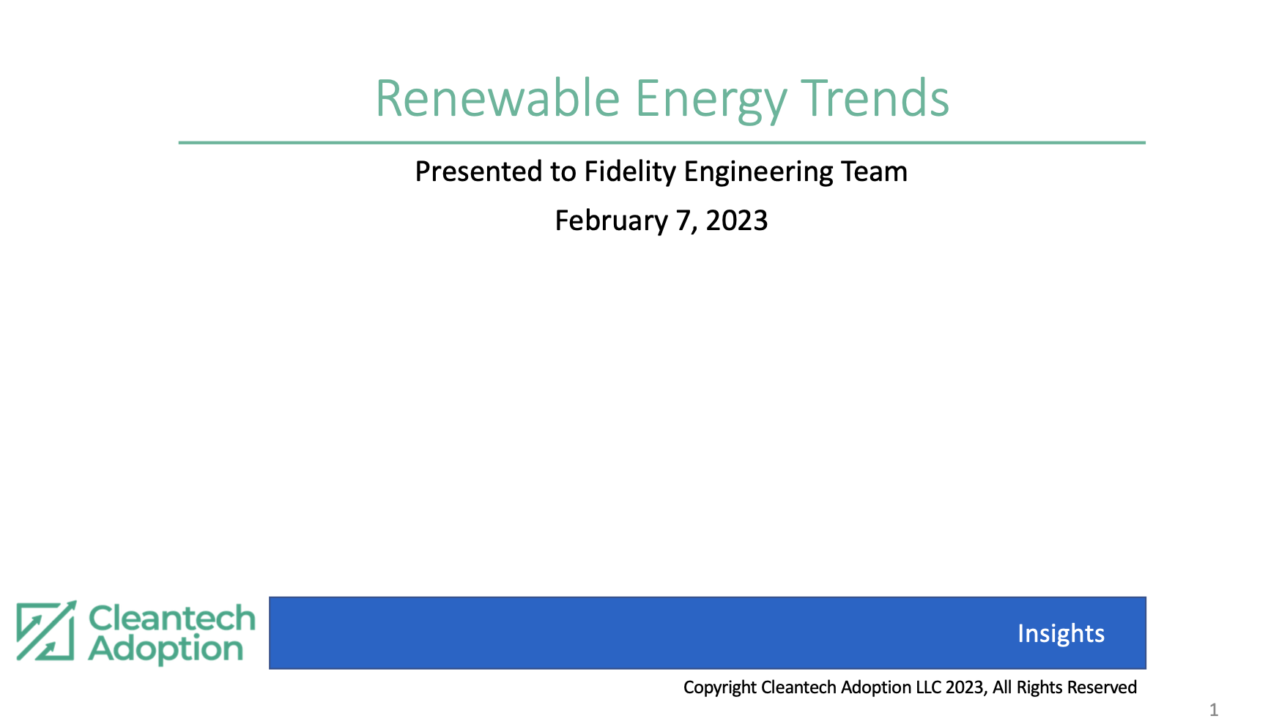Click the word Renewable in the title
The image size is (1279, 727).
tap(498, 98)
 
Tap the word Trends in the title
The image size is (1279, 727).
tap(875, 98)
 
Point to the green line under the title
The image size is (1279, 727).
tap(662, 143)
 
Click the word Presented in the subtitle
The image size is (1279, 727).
tap(479, 171)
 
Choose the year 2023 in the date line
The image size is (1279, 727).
tap(737, 221)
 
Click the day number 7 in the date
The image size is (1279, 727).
tap(683, 221)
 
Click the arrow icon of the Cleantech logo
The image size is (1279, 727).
tap(46, 631)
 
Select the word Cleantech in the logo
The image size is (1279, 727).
tap(172, 619)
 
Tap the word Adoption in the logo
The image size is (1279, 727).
tap(166, 650)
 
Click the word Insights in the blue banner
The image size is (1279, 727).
tap(1061, 633)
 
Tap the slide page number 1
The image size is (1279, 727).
tap(1214, 709)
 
